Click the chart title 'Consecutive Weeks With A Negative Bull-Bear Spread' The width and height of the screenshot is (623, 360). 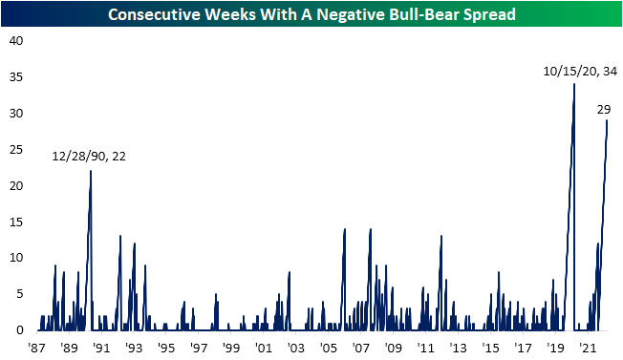[311, 14]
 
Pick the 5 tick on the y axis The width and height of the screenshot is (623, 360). [15, 294]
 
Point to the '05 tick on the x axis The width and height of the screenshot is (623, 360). [328, 348]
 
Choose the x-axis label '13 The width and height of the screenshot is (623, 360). [458, 348]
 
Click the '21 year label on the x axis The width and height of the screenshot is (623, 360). [588, 348]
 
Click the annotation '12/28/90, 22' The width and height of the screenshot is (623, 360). [91, 157]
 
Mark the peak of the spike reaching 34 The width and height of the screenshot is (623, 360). [573, 84]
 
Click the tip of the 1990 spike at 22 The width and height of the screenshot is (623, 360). [91, 171]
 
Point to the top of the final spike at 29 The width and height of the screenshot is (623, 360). [607, 120]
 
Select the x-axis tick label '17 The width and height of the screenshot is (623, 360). [523, 348]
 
